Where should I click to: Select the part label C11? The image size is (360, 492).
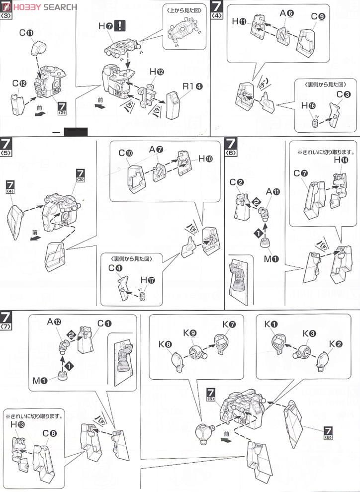[26, 34]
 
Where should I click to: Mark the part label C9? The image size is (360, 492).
[318, 16]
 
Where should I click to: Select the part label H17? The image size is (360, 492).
[148, 280]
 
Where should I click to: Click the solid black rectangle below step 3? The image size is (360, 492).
[76, 132]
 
